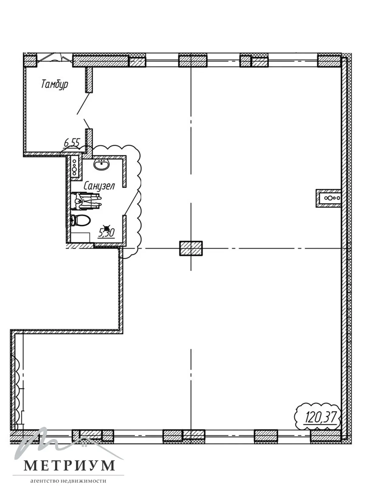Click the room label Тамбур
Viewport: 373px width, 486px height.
click(55, 84)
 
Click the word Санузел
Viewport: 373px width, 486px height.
click(99, 186)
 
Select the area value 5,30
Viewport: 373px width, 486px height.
click(106, 233)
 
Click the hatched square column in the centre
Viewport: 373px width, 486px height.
click(191, 248)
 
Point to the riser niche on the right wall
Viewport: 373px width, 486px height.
click(329, 198)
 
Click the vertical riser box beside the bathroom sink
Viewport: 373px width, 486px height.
click(75, 166)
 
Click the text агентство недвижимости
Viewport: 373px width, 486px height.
click(68, 481)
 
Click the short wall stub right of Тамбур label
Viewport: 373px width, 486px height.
click(89, 80)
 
